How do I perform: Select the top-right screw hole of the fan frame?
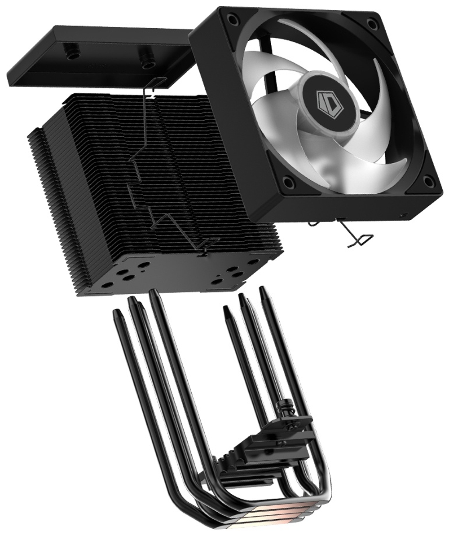pos(372,23)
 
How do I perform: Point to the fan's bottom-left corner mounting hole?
pos(287,182)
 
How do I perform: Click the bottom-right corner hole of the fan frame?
pos(428,182)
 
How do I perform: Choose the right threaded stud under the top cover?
pos(146,63)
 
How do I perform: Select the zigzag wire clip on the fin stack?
pos(153,179)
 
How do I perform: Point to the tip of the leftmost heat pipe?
pos(117,312)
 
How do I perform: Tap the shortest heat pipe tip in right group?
pos(226,309)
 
